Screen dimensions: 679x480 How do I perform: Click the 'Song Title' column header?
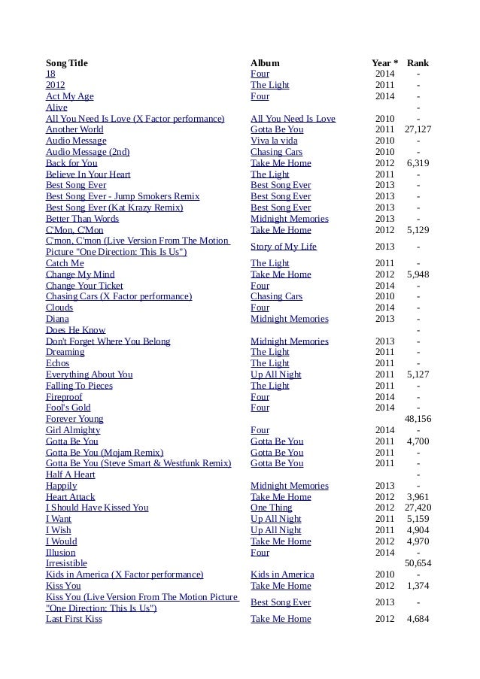pos(67,63)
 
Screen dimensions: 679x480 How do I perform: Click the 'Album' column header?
pos(265,63)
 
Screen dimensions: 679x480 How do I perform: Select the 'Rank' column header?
pos(418,63)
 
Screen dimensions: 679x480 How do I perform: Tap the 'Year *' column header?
pos(385,63)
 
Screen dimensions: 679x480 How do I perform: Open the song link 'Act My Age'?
pos(70,96)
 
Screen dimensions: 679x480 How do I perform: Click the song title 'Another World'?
pos(74,129)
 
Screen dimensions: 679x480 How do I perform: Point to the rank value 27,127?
pos(418,129)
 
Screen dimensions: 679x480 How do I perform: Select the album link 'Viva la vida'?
pos(274,141)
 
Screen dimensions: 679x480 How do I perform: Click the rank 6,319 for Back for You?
pos(418,163)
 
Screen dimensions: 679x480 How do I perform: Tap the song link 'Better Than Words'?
pos(83,219)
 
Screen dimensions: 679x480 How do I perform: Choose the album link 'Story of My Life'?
pos(284,247)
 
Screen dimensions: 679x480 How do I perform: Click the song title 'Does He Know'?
pos(75,330)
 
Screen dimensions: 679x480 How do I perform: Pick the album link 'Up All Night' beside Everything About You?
pos(276,374)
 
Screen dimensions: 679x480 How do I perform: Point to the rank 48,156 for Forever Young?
pos(418,419)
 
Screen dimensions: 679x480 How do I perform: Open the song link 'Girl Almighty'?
pos(73,430)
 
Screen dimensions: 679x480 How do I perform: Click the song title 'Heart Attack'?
pos(71,497)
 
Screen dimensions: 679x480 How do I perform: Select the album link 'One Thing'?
pos(272,508)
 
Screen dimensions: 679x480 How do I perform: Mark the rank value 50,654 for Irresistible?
pos(418,563)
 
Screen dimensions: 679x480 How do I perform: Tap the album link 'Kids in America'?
pos(282,574)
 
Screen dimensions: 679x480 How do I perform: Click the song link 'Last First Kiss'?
pos(74,619)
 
